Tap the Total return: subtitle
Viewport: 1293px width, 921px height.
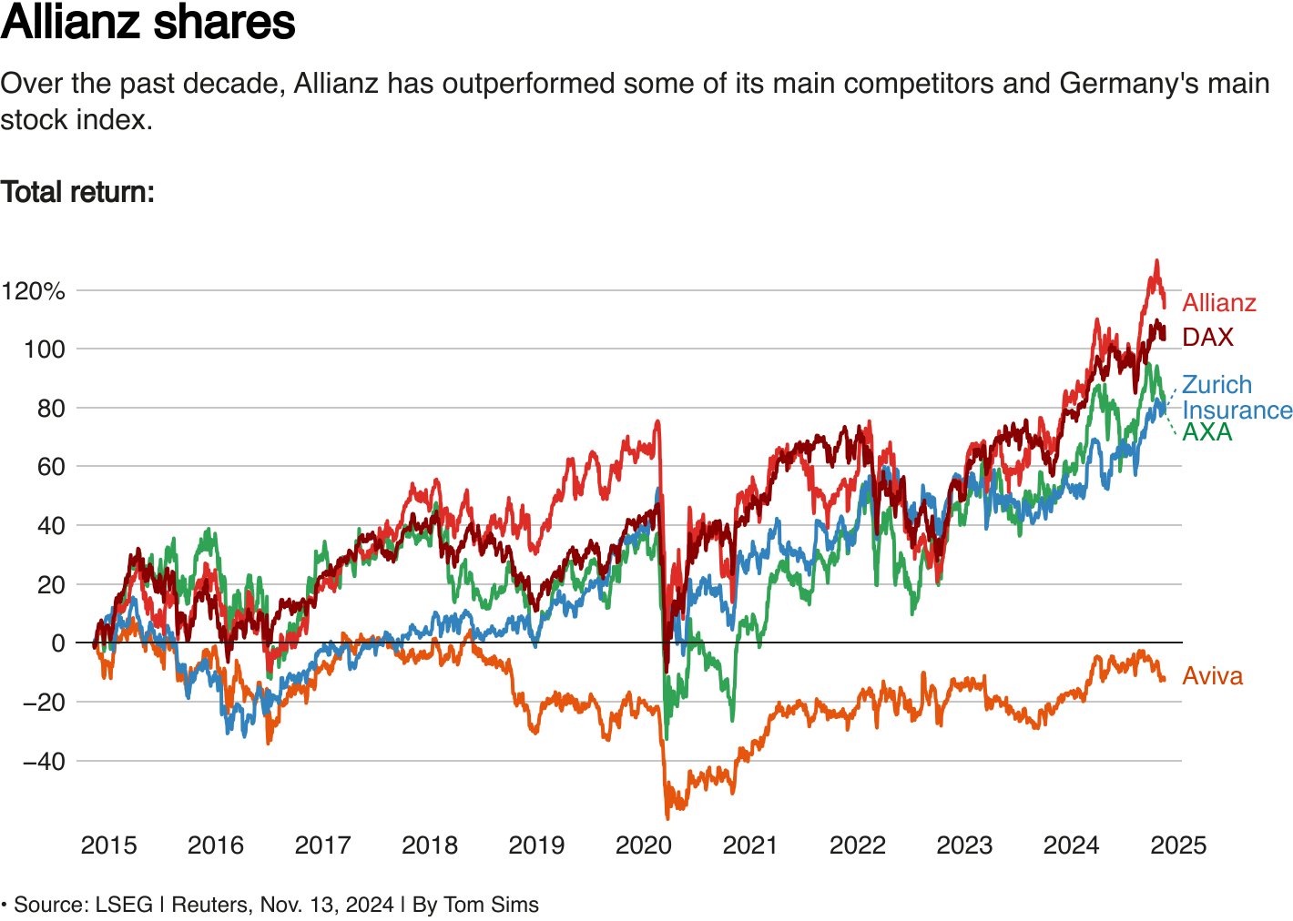point(77,192)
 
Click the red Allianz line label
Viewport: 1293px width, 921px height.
point(1218,303)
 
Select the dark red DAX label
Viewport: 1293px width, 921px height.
point(1207,338)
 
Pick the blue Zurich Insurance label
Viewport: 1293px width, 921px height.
point(1236,398)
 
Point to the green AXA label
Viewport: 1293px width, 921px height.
point(1206,432)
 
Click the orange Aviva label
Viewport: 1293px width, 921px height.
point(1212,676)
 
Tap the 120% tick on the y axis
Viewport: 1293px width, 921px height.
point(34,291)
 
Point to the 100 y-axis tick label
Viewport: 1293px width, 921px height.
point(45,349)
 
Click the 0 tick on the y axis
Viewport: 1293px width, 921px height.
point(58,643)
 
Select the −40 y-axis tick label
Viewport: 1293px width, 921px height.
point(44,761)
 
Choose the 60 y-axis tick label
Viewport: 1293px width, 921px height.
point(51,467)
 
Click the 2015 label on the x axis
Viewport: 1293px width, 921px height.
point(108,845)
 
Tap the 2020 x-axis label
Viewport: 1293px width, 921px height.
point(643,845)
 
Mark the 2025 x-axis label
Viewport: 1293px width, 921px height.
point(1177,845)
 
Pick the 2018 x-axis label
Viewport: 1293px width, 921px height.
point(429,845)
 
